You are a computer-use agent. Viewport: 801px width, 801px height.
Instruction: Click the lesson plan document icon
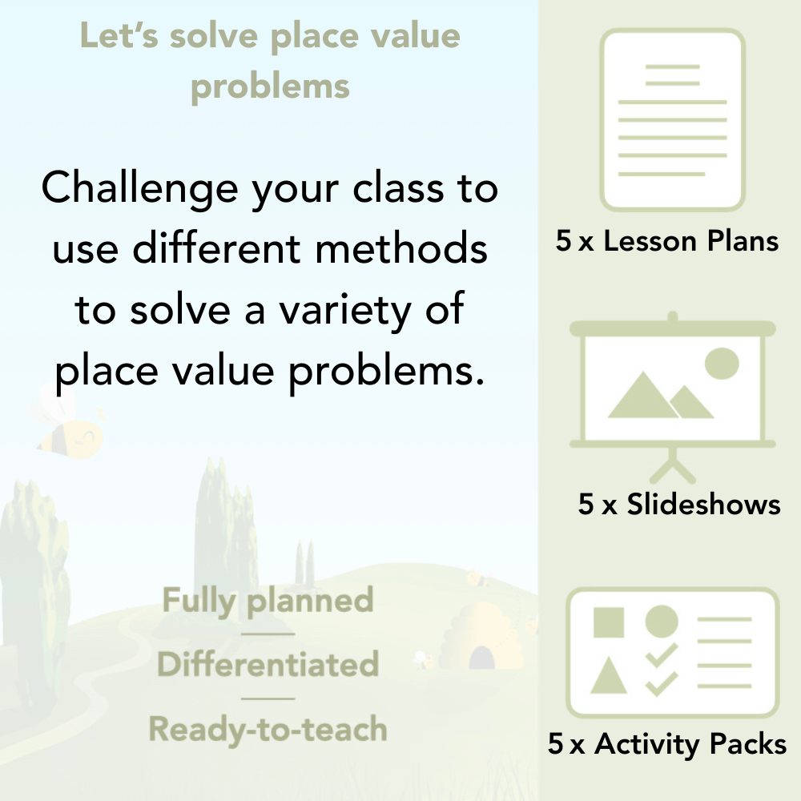click(x=673, y=120)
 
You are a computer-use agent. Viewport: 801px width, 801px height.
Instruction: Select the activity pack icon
click(x=673, y=653)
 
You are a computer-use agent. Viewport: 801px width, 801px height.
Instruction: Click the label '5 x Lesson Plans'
click(x=667, y=241)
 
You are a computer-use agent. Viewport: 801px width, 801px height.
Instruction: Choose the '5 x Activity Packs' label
click(x=667, y=744)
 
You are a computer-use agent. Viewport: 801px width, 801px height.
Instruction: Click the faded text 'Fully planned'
click(x=268, y=602)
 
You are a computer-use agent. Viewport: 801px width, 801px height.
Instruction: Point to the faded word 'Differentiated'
click(x=268, y=665)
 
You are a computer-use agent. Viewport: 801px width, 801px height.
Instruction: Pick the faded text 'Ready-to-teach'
click(x=268, y=729)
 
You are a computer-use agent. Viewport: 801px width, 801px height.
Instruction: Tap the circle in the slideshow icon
click(x=721, y=363)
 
